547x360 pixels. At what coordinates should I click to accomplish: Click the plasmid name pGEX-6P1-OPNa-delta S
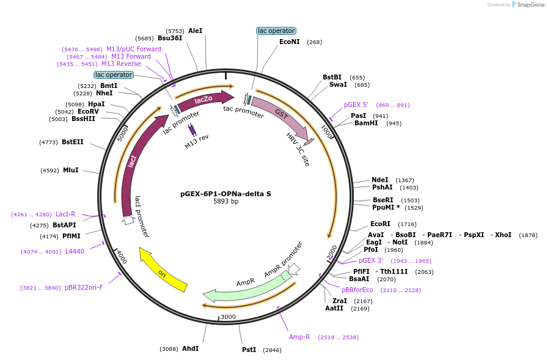click(x=226, y=194)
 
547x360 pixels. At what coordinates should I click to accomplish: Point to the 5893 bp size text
click(x=226, y=202)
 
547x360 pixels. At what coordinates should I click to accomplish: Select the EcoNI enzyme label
click(x=289, y=42)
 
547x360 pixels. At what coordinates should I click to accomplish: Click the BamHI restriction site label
click(x=365, y=123)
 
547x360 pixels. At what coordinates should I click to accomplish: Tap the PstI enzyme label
click(x=249, y=350)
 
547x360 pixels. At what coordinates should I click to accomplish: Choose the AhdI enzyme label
click(x=190, y=349)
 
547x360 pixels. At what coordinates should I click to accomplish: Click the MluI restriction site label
click(x=70, y=171)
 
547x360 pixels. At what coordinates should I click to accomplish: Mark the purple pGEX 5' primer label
click(x=356, y=105)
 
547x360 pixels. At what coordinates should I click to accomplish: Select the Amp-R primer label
click(x=299, y=337)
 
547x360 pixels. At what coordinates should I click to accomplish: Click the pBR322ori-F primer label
click(x=84, y=287)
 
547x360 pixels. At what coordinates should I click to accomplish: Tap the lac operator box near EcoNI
click(x=276, y=31)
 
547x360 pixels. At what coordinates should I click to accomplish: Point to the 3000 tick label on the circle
click(x=228, y=317)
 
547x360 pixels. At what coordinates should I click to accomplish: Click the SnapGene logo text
click(x=529, y=5)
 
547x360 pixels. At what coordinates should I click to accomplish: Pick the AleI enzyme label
click(x=195, y=31)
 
